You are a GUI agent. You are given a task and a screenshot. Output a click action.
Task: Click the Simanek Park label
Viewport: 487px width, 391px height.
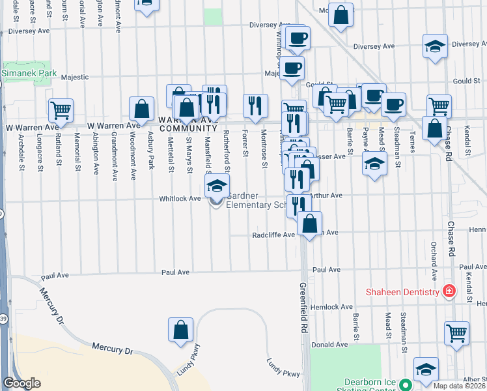29,74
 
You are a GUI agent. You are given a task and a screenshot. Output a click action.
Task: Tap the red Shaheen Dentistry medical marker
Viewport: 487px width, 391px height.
448,291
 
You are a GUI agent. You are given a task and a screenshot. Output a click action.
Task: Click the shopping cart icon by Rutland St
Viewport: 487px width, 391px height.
61,111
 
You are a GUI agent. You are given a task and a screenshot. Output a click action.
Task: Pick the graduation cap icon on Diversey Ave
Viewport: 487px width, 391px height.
435,46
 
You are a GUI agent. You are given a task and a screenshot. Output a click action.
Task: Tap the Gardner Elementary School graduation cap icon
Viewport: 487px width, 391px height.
217,186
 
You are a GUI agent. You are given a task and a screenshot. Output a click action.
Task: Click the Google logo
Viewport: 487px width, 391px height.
21,383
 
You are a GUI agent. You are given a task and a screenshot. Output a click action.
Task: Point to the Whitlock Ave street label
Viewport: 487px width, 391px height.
186,199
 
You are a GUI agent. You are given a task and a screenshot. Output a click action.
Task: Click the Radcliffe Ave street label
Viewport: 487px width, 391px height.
273,235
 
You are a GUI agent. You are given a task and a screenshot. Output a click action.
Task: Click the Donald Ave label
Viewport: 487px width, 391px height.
325,344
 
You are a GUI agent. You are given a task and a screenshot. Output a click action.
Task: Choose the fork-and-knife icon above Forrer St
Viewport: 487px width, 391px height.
255,106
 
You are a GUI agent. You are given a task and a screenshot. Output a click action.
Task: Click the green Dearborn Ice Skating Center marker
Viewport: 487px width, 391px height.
404,385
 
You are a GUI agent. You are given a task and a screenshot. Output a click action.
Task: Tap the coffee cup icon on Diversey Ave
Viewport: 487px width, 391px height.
298,38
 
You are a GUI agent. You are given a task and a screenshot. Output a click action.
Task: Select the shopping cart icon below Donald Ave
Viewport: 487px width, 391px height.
456,333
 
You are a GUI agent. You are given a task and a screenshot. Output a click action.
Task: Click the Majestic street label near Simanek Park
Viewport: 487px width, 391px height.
75,77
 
